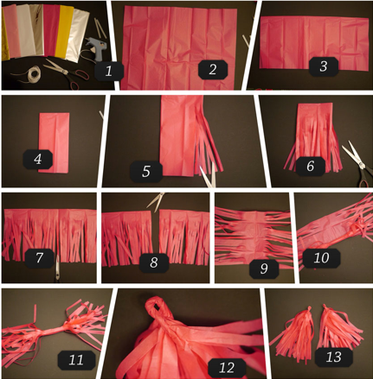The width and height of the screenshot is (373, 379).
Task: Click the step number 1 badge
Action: pyautogui.click(x=109, y=71)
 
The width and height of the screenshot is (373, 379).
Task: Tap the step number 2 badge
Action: pyautogui.click(x=213, y=69)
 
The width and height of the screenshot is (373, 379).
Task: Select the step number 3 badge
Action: pyautogui.click(x=324, y=66)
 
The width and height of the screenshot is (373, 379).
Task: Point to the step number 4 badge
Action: pyautogui.click(x=38, y=159)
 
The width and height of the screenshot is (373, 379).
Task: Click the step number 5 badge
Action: pyautogui.click(x=146, y=172)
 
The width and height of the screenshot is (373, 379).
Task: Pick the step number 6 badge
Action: pyautogui.click(x=311, y=166)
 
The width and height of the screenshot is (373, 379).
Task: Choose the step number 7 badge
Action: pyautogui.click(x=39, y=258)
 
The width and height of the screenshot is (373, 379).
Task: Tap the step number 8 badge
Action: pyautogui.click(x=154, y=262)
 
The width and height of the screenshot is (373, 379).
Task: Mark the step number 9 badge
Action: pyautogui.click(x=264, y=268)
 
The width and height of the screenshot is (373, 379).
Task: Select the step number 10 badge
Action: pyautogui.click(x=321, y=258)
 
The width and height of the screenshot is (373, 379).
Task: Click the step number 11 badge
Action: pyautogui.click(x=76, y=360)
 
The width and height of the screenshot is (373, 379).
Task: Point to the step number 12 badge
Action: pyautogui.click(x=227, y=368)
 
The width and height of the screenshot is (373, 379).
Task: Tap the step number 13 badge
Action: pyautogui.click(x=334, y=357)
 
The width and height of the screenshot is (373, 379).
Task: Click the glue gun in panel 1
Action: pyautogui.click(x=95, y=47)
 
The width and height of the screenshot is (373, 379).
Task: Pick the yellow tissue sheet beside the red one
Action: pyautogui.click(x=64, y=31)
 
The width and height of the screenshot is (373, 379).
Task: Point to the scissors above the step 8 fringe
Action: pyautogui.click(x=156, y=200)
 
